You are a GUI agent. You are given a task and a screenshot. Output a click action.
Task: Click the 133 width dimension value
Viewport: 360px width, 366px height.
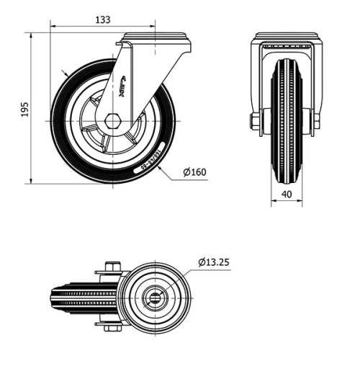(x=103, y=20)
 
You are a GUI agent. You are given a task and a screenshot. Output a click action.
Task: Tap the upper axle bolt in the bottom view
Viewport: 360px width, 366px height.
(x=110, y=267)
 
